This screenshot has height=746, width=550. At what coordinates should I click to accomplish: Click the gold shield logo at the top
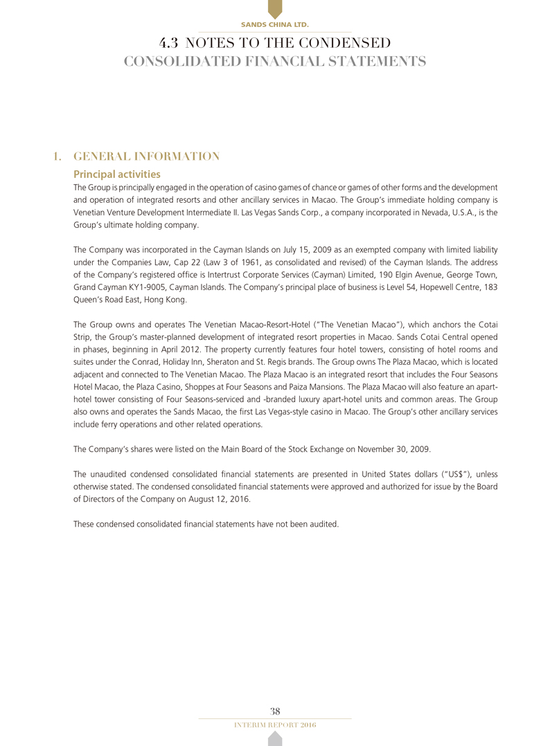(275, 9)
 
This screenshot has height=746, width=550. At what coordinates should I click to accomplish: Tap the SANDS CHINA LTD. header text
(275, 25)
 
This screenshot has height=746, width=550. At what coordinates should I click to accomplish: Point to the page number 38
(275, 711)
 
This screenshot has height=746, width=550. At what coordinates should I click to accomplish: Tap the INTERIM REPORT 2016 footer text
(275, 725)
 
